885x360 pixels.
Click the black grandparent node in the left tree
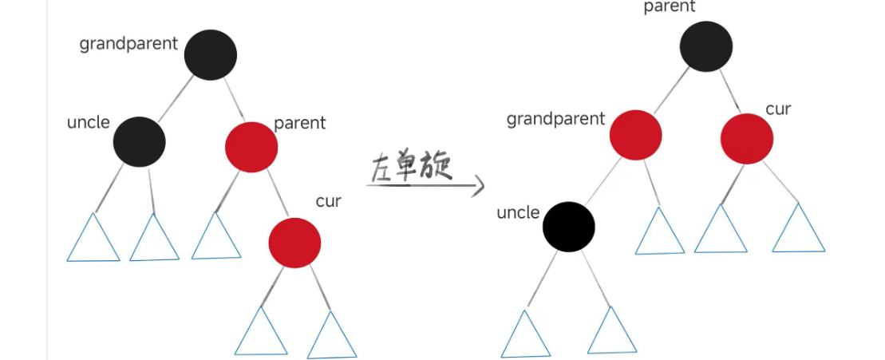click(211, 54)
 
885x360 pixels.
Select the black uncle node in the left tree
click(139, 140)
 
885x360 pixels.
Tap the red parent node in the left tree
click(251, 147)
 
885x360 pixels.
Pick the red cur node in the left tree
click(294, 242)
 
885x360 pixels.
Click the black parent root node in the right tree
click(706, 45)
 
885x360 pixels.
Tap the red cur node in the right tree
click(747, 138)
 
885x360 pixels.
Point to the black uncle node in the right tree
click(569, 226)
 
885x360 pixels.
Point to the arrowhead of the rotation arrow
click(479, 188)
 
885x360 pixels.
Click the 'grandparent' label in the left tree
click(128, 44)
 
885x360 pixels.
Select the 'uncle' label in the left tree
click(88, 123)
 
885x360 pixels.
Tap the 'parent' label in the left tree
click(300, 123)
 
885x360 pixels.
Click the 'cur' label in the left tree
click(328, 201)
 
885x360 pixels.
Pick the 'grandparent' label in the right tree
click(556, 120)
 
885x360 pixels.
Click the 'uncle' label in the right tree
click(518, 213)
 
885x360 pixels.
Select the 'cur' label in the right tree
click(778, 109)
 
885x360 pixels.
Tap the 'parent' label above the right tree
click(670, 7)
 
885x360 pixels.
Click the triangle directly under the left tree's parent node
click(216, 239)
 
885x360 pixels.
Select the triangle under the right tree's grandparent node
click(660, 234)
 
